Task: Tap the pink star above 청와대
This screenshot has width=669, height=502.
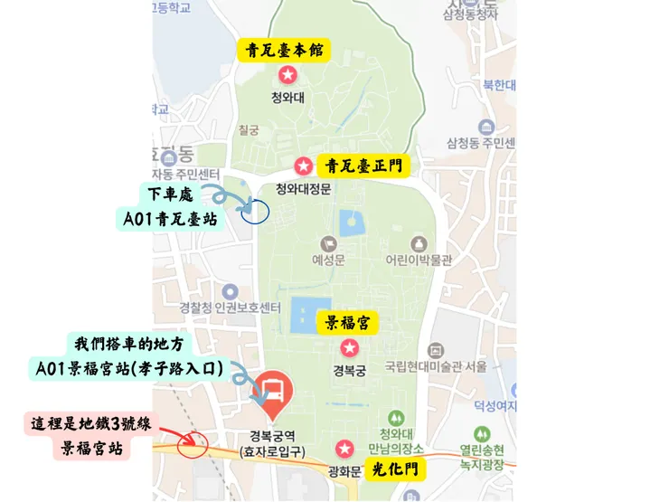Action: [x=287, y=74]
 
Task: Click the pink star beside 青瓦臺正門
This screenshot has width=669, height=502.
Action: [x=305, y=166]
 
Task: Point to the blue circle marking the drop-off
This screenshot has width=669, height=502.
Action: [x=256, y=212]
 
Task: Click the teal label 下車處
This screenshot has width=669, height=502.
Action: [x=172, y=194]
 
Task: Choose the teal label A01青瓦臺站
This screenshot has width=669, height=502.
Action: [x=170, y=218]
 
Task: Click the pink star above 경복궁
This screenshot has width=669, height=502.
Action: [x=349, y=347]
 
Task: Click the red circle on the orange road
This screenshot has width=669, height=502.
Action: [x=195, y=445]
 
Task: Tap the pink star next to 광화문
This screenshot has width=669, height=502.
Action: [x=344, y=449]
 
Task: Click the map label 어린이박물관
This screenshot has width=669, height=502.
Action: [x=418, y=260]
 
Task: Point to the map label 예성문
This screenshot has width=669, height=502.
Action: [x=328, y=260]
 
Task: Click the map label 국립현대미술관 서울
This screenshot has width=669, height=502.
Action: [x=436, y=366]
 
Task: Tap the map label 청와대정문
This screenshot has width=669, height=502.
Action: [x=303, y=189]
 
